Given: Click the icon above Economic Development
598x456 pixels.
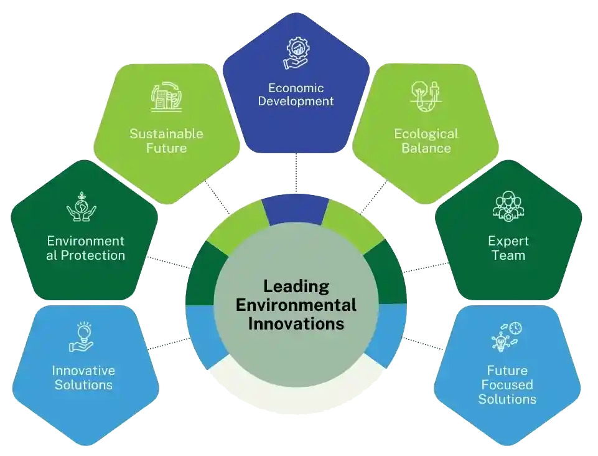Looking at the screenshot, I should coord(296,54).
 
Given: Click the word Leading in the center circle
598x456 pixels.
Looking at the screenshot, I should coord(296,287).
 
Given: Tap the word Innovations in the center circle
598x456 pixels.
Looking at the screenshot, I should coord(296,324).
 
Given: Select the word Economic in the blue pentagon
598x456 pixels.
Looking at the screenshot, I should coord(296,88).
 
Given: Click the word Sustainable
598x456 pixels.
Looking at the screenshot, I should coord(166,133).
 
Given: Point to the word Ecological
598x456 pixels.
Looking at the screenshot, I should coord(426,133).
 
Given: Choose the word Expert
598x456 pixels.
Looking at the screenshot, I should coord(508,241).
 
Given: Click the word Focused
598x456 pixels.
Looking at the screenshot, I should coord(507,384).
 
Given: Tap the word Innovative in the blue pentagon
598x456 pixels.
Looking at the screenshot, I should coord(83,370).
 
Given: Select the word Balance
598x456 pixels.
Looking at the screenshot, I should coord(426,148).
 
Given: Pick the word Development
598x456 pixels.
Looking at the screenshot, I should coord(296,101).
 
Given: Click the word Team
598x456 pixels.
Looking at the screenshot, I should coord(508,255).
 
